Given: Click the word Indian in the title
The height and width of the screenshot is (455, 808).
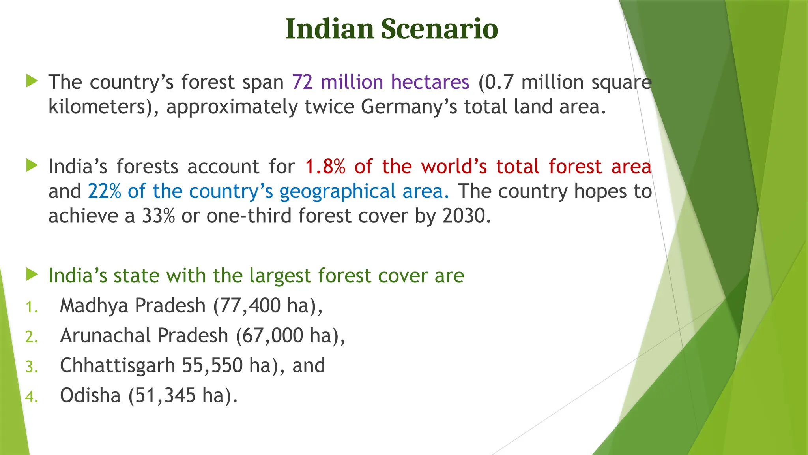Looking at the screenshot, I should click(x=329, y=29).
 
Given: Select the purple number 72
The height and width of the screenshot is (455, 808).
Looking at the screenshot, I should click(x=303, y=82).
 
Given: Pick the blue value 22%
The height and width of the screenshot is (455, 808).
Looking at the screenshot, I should click(x=105, y=191).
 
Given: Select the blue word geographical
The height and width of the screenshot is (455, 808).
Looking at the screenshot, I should click(x=337, y=192).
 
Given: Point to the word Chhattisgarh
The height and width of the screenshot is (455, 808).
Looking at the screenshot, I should click(x=118, y=366).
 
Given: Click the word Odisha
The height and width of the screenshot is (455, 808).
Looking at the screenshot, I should click(x=90, y=395).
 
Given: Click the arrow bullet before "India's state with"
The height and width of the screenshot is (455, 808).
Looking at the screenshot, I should click(x=32, y=275).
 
